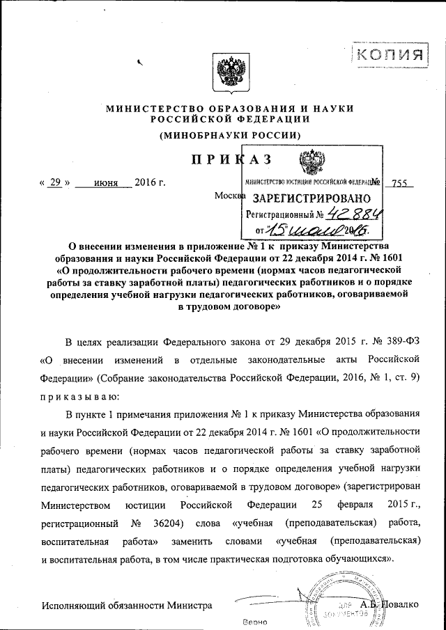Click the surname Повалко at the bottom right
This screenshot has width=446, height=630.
(x=399, y=603)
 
